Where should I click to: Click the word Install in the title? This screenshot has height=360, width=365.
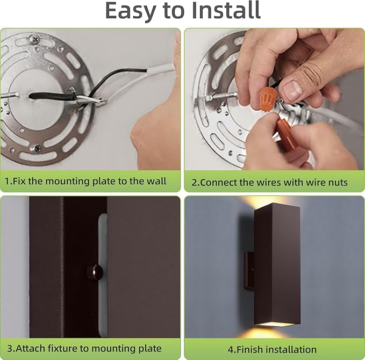click(226, 10)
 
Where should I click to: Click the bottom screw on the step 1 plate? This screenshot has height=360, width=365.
click(37, 148)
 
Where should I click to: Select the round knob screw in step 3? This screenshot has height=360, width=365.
click(95, 272)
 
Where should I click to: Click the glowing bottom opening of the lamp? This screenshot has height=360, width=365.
click(276, 324)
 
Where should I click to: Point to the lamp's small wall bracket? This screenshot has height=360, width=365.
click(249, 270)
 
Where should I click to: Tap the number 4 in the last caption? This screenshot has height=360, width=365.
click(230, 350)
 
